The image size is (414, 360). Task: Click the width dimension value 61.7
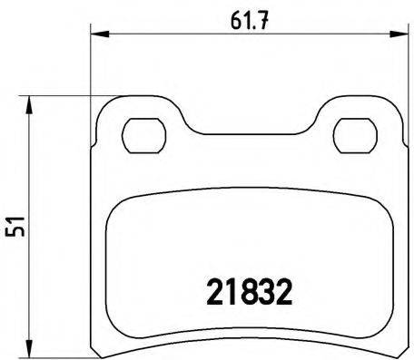245,17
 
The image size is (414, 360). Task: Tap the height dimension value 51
16,221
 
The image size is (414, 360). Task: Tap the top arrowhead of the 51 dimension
33,102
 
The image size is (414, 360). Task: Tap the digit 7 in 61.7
261,17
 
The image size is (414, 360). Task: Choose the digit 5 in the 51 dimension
16,229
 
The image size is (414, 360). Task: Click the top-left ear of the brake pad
123,113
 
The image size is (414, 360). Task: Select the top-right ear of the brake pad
368,113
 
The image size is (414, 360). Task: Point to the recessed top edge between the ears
245,117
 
